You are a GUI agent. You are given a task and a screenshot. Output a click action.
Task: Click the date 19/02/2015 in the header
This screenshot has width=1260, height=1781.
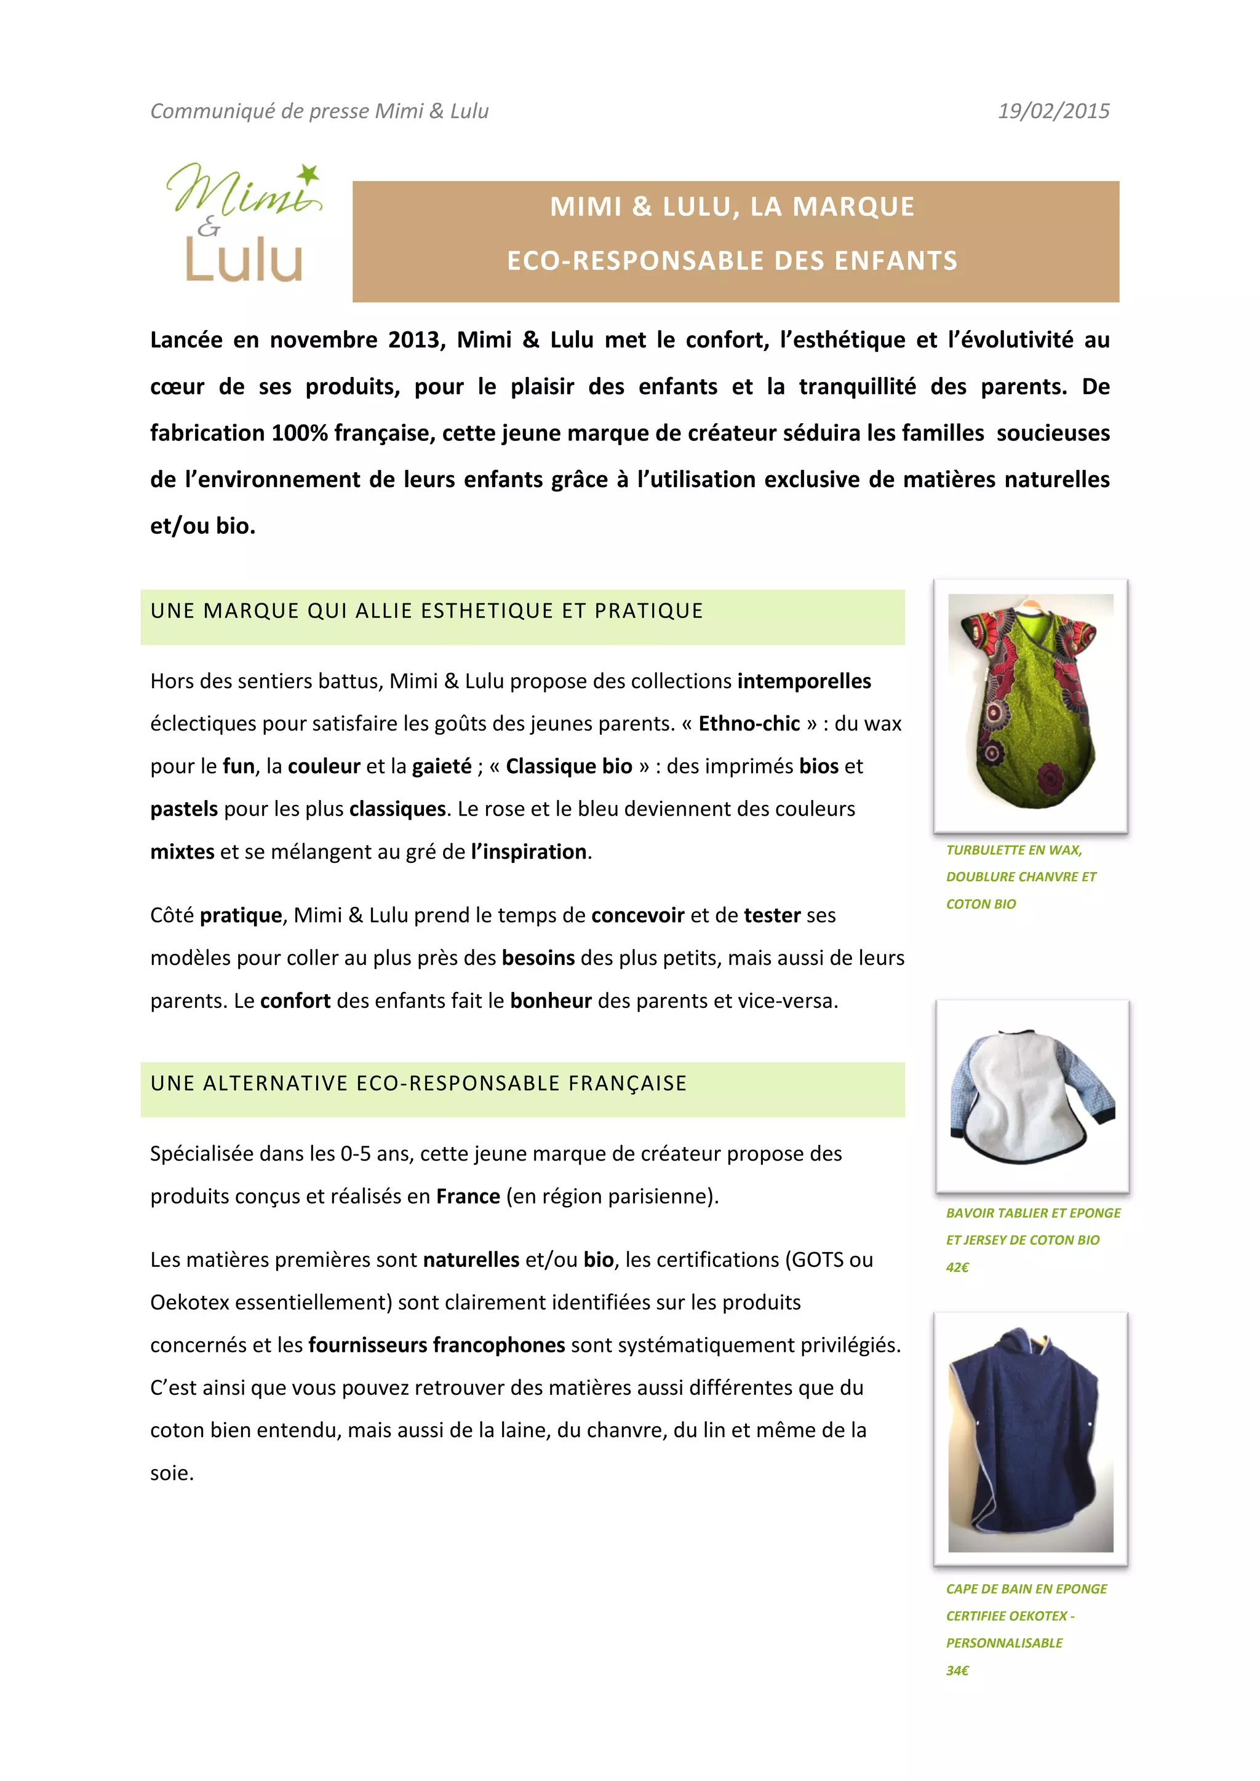click(1053, 111)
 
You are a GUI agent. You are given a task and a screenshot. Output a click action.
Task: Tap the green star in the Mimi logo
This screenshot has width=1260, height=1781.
click(309, 175)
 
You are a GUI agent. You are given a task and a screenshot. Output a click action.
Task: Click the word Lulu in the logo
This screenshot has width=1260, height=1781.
click(244, 260)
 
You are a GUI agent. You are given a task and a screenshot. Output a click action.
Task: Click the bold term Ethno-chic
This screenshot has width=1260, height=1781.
click(749, 724)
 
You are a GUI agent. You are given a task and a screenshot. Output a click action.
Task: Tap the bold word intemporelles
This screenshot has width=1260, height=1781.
click(803, 681)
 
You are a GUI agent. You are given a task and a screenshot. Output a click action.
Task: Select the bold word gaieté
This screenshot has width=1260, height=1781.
click(442, 766)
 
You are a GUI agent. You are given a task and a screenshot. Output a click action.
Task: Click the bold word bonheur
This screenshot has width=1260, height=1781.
click(550, 1001)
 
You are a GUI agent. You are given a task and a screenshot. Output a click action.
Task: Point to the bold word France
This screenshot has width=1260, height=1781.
click(468, 1196)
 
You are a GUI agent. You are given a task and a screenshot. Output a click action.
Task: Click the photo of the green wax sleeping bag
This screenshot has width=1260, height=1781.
click(1031, 705)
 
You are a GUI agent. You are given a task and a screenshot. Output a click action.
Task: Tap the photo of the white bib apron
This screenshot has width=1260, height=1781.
click(1032, 1095)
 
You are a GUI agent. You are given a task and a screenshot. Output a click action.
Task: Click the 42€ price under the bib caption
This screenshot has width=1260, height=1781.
click(957, 1267)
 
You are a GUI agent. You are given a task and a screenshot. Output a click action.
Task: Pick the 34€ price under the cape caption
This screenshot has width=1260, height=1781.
click(957, 1670)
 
